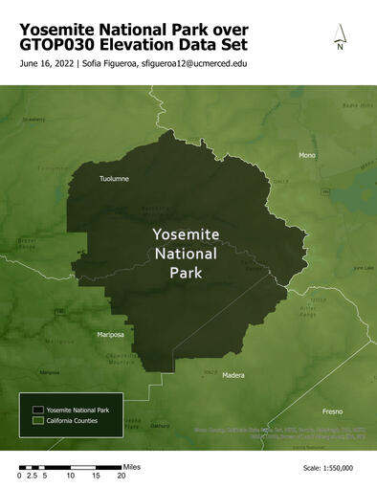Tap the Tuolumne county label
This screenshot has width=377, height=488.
(x=115, y=178)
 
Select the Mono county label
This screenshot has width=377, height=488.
(x=307, y=155)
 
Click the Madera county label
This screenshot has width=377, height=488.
(x=233, y=375)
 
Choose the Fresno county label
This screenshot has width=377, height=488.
(x=332, y=410)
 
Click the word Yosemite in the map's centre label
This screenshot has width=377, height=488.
(x=186, y=234)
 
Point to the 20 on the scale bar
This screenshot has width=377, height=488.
(x=122, y=475)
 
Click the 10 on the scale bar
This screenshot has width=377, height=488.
(x=70, y=475)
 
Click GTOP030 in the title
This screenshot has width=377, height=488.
(x=56, y=44)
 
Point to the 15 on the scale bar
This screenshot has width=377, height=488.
(x=96, y=475)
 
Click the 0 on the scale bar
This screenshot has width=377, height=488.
(x=20, y=475)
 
